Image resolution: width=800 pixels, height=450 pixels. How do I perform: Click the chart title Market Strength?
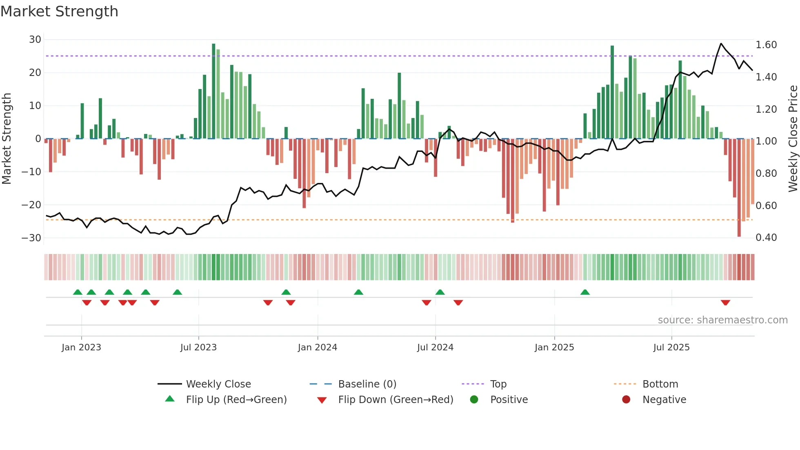(x=59, y=11)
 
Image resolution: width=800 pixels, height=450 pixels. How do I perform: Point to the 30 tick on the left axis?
(x=35, y=40)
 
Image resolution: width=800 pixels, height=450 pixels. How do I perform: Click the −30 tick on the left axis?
(x=31, y=238)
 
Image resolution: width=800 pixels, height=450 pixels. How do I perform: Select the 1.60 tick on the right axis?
(x=766, y=45)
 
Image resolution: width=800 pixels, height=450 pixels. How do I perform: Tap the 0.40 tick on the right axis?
(x=766, y=238)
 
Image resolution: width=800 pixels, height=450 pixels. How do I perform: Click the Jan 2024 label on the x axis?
(x=318, y=348)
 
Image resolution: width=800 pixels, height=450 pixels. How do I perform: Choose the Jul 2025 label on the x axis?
(x=671, y=348)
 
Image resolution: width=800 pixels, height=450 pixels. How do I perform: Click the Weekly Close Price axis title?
(x=793, y=139)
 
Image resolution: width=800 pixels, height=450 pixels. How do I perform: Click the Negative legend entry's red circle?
(x=626, y=400)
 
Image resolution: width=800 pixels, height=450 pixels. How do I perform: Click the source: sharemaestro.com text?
(x=722, y=320)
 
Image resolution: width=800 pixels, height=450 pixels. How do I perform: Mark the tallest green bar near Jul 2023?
(x=213, y=90)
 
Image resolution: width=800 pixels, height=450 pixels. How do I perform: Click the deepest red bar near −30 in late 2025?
(x=739, y=188)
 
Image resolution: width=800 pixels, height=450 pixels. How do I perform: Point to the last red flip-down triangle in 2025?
(x=725, y=303)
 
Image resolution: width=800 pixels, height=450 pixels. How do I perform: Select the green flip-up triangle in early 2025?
(x=585, y=292)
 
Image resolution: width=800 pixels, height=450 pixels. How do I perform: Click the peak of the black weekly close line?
(x=721, y=44)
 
